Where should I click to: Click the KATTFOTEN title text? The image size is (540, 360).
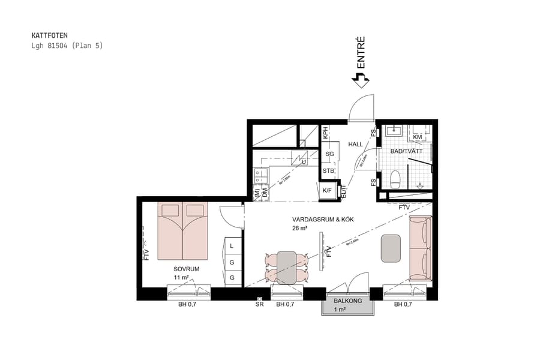click(x=50, y=36)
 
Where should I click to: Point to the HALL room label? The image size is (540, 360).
click(x=356, y=144)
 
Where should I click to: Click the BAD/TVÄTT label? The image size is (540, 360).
click(x=406, y=152)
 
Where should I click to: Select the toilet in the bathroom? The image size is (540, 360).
click(x=395, y=178)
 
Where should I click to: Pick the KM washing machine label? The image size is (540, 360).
click(x=418, y=137)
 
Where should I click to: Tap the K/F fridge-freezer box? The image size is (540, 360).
click(x=328, y=191)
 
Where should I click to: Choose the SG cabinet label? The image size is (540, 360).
click(x=329, y=154)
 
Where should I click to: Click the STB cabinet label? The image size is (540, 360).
click(x=329, y=171)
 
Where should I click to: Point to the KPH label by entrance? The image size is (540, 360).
click(x=325, y=133)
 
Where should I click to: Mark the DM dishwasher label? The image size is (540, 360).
click(x=264, y=193)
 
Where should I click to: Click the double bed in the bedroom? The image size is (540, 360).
click(x=182, y=231)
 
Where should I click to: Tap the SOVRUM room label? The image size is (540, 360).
click(x=186, y=269)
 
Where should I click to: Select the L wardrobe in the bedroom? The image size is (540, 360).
click(x=232, y=246)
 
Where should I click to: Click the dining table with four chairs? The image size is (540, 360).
click(x=286, y=267)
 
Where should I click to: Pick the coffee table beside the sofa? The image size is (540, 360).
click(x=391, y=248)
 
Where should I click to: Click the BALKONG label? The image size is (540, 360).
click(x=347, y=301)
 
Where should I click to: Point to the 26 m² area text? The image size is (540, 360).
click(x=300, y=228)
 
